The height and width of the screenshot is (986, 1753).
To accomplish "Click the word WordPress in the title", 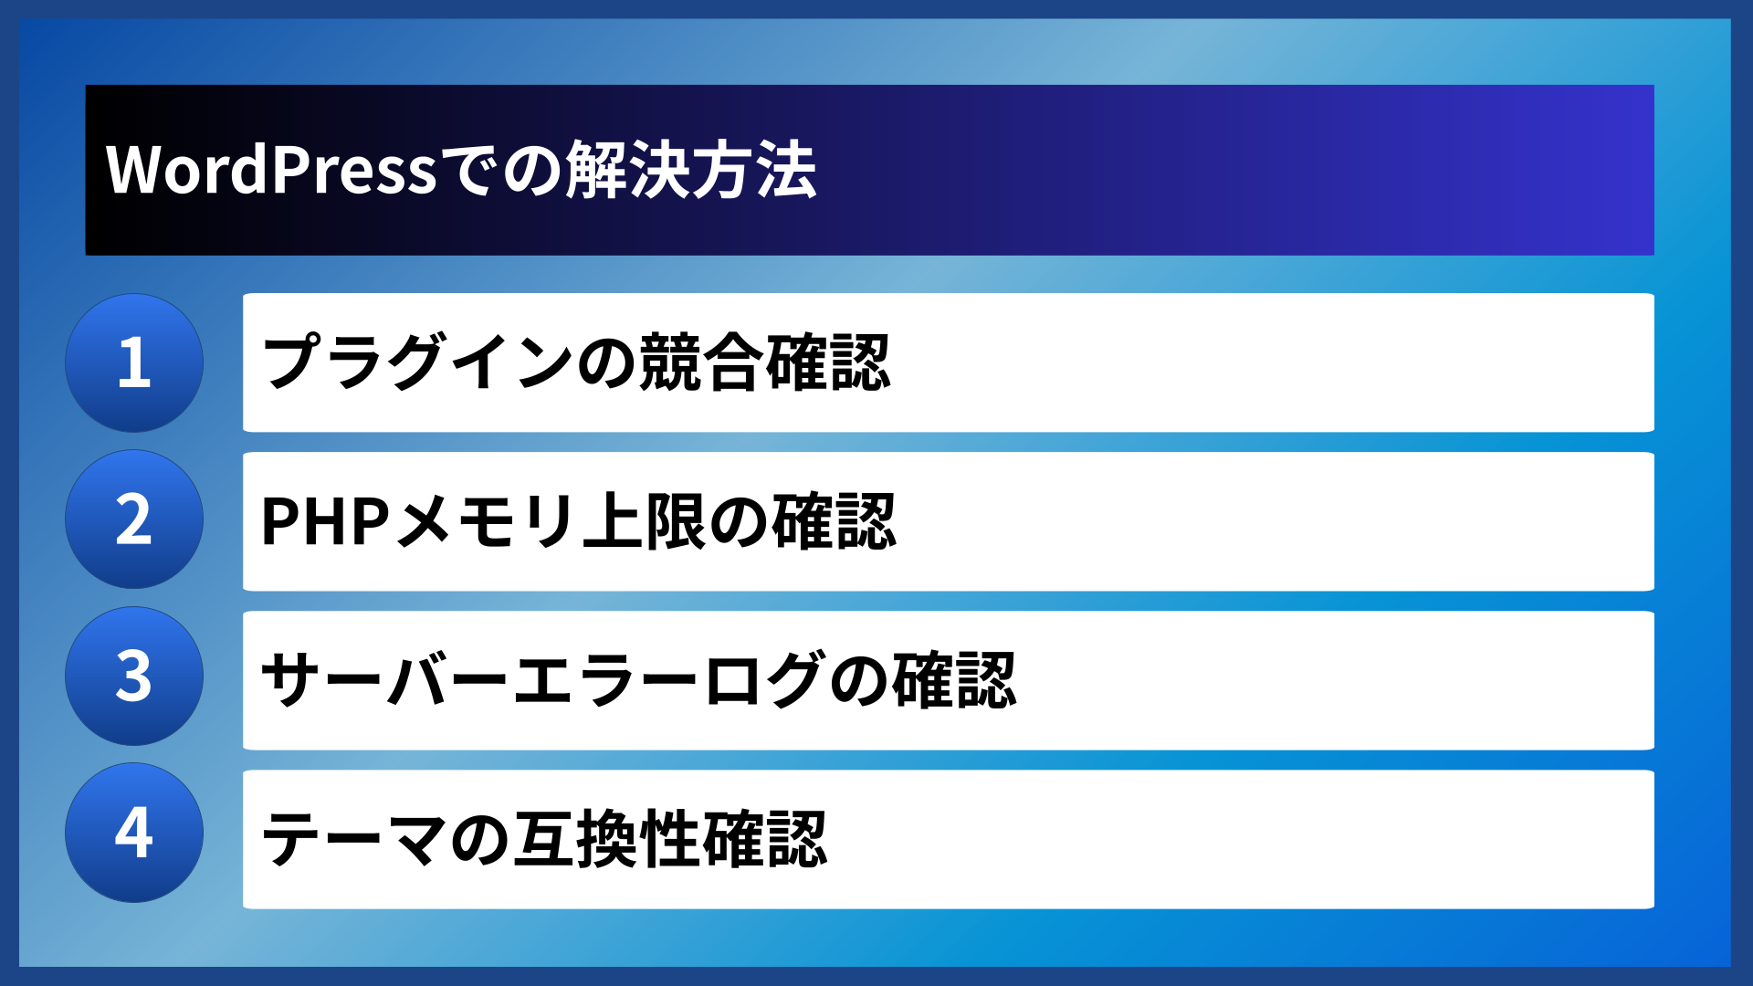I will tap(271, 170).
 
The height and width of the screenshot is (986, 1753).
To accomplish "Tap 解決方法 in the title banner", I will tap(690, 170).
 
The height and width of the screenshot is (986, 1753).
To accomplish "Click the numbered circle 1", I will tap(134, 362).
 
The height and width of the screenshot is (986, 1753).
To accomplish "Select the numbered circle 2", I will tap(134, 519).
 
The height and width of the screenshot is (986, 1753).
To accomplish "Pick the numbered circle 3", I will tap(134, 677).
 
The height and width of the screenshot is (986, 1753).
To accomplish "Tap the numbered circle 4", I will tap(134, 833).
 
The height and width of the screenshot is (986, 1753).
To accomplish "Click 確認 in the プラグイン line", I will tap(827, 362).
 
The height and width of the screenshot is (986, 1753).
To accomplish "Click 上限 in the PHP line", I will tap(645, 521).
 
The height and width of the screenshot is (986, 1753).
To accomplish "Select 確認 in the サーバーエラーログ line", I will tap(953, 680).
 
